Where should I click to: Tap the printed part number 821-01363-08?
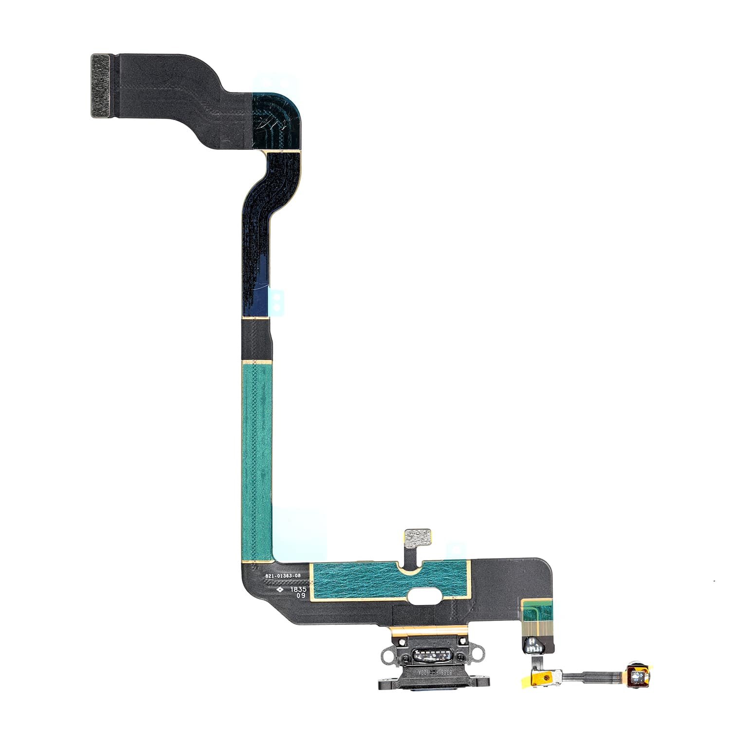(x=283, y=576)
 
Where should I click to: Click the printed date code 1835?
(x=298, y=588)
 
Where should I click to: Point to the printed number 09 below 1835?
(x=301, y=595)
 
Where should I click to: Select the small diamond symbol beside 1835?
(x=280, y=589)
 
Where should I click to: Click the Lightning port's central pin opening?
(x=428, y=655)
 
